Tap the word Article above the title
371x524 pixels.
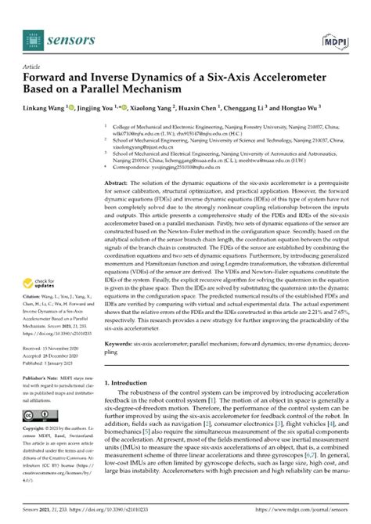click(x=33, y=67)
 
